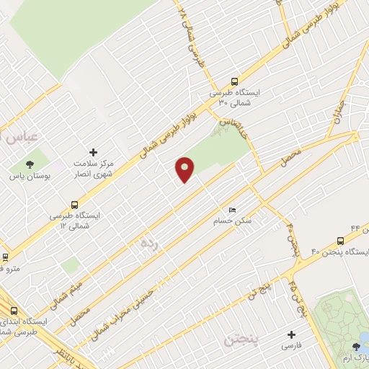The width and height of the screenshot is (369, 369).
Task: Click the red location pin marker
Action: coord(185,169)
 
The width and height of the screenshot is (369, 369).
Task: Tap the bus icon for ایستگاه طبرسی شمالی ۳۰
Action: coord(234,82)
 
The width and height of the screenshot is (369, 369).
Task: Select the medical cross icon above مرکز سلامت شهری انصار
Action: coord(92,152)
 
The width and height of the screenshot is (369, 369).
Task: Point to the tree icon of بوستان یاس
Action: coord(30,164)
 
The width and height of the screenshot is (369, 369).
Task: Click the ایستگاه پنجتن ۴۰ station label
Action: coord(339,252)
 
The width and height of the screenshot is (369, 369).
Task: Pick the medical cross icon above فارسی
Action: coord(291,334)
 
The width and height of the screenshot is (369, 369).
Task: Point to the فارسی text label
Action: coord(291,347)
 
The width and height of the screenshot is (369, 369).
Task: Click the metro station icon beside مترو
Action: coord(6,257)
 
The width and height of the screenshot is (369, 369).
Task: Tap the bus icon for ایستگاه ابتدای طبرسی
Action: coord(14,311)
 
